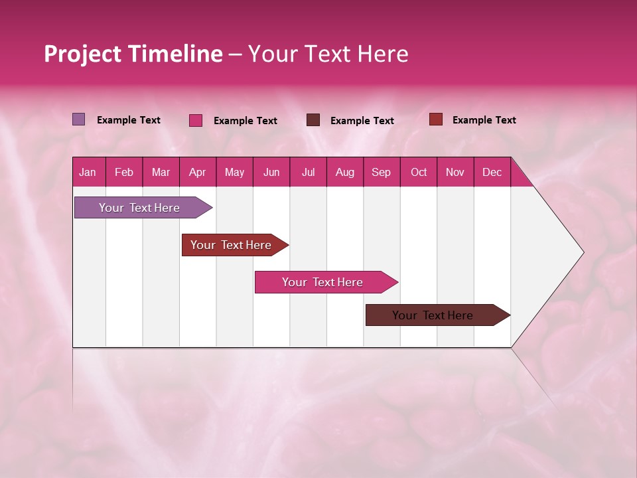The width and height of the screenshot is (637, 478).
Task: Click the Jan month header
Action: [x=88, y=173]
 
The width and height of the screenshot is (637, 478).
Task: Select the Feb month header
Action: [x=124, y=173]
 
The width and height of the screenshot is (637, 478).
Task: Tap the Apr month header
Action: [x=197, y=173]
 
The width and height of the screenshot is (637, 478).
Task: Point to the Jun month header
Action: [x=271, y=173]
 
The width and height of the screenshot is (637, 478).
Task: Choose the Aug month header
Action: [x=344, y=173]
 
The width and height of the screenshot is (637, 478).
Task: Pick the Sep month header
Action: [x=381, y=173]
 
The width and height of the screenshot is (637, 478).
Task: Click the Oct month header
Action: [x=419, y=173]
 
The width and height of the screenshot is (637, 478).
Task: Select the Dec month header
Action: [x=492, y=173]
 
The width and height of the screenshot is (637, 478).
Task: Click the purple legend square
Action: [x=78, y=119]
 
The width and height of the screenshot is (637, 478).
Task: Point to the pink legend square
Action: [x=195, y=120]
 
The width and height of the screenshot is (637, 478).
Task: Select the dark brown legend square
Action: [x=313, y=120]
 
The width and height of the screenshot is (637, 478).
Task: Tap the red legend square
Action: [x=435, y=119]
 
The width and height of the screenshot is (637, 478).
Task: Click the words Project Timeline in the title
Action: [x=133, y=54]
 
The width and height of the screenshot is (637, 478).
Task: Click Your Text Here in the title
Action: [x=328, y=54]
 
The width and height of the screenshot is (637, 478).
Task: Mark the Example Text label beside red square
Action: [x=484, y=120]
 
